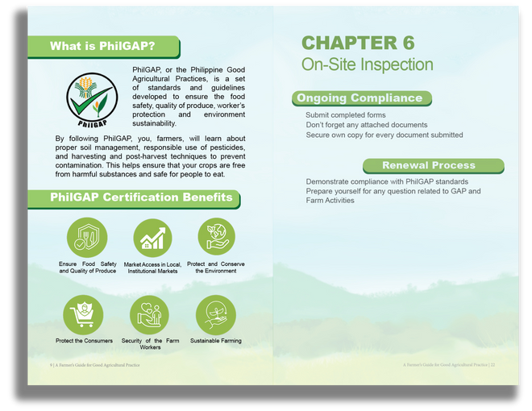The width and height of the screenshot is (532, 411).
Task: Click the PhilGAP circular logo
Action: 92,100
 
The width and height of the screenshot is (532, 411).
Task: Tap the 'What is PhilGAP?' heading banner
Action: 103,47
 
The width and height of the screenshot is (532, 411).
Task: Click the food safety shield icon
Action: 87,238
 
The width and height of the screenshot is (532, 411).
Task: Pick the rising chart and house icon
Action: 152,238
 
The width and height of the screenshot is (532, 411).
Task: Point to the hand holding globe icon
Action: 216,236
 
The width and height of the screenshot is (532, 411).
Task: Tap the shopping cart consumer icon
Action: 83,314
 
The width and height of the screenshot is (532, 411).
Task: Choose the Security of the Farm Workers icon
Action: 149,314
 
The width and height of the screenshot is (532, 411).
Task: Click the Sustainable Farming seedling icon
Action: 215,314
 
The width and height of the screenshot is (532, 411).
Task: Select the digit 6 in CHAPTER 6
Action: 409,43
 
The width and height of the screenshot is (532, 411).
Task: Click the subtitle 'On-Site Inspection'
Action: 367,64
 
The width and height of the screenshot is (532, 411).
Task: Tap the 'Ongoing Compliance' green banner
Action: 362,98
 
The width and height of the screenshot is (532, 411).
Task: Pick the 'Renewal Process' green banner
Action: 434,166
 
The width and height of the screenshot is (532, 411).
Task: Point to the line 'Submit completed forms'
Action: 345,115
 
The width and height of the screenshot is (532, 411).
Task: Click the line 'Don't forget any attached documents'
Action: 367,125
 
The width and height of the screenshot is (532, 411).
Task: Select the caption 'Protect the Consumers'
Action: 84,341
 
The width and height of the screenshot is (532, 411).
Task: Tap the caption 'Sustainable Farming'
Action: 216,341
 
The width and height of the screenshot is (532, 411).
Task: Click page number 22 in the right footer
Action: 493,365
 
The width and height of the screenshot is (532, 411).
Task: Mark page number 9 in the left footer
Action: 51,365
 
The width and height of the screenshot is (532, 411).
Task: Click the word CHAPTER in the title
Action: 349,43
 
